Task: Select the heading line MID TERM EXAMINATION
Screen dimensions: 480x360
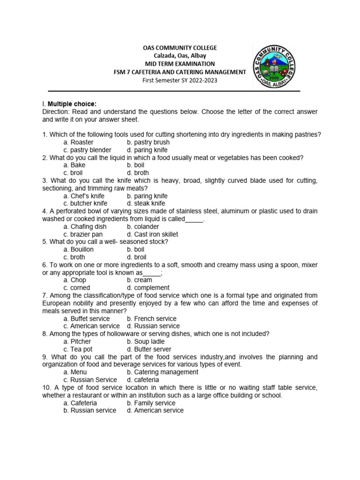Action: point(180,64)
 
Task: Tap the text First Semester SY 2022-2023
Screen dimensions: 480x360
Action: point(180,80)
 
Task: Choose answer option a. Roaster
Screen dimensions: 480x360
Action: point(78,142)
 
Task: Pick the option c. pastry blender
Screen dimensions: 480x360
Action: point(87,150)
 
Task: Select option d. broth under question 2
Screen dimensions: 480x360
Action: point(139,173)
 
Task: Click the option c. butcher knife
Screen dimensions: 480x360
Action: point(85,203)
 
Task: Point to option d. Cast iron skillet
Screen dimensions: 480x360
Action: point(152,234)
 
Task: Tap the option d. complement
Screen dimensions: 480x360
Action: point(148,288)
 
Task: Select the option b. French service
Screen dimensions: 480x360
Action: point(151,318)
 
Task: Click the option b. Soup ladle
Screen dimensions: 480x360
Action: point(146,342)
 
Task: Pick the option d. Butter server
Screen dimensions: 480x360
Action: point(149,349)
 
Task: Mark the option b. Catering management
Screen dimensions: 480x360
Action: point(162,372)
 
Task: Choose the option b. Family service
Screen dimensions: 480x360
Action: point(151,403)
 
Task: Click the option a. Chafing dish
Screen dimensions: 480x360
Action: point(85,226)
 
